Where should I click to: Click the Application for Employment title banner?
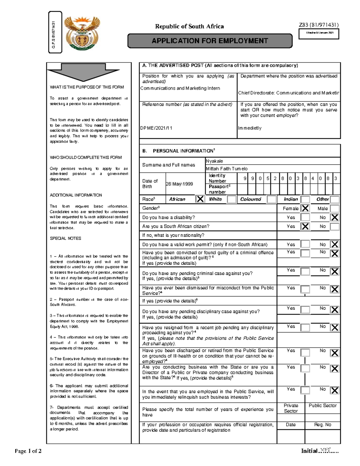pyautogui.click(x=210, y=41)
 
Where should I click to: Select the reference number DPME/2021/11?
pyautogui.click(x=156, y=128)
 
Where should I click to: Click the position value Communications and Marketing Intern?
pyautogui.click(x=180, y=88)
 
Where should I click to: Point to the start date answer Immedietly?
pyautogui.click(x=250, y=128)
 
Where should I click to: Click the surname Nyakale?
pyautogui.click(x=214, y=161)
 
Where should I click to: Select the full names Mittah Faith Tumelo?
pyautogui.click(x=226, y=169)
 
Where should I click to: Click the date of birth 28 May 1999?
pyautogui.click(x=179, y=184)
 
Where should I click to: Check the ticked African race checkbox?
pyautogui.click(x=200, y=199)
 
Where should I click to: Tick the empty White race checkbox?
pyautogui.click(x=232, y=199)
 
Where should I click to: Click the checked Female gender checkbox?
pyautogui.click(x=305, y=208)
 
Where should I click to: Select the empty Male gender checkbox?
pyautogui.click(x=334, y=208)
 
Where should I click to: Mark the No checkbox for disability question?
pyautogui.click(x=334, y=218)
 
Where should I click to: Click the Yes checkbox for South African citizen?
pyautogui.click(x=305, y=227)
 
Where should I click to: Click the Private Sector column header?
pyautogui.click(x=291, y=408)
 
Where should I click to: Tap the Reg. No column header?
pyautogui.click(x=322, y=425)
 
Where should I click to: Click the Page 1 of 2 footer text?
pyautogui.click(x=28, y=451)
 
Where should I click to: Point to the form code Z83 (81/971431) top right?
pyautogui.click(x=319, y=25)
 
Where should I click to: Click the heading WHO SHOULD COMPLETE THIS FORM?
pyautogui.click(x=86, y=158)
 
